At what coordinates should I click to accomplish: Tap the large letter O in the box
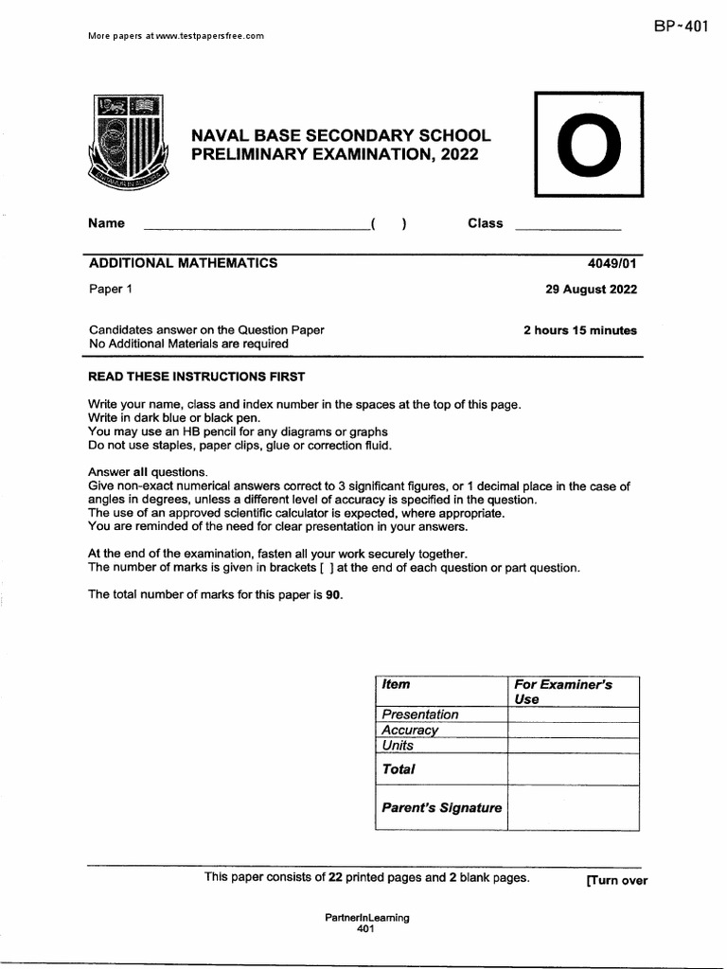[589, 145]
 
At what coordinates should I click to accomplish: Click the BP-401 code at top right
[680, 26]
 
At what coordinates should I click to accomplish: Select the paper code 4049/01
[612, 264]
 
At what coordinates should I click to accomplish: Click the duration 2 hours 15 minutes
[580, 330]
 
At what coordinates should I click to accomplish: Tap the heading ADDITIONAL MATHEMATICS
[183, 263]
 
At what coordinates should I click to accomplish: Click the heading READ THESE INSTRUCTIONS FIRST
[197, 377]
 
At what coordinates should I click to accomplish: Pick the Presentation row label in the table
[419, 714]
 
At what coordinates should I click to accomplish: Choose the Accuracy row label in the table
[410, 730]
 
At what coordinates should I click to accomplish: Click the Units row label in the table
[399, 745]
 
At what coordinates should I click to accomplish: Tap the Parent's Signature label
[440, 808]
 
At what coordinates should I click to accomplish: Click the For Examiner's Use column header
[562, 691]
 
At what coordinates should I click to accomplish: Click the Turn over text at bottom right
[616, 880]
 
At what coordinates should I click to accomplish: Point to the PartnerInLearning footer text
[366, 917]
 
